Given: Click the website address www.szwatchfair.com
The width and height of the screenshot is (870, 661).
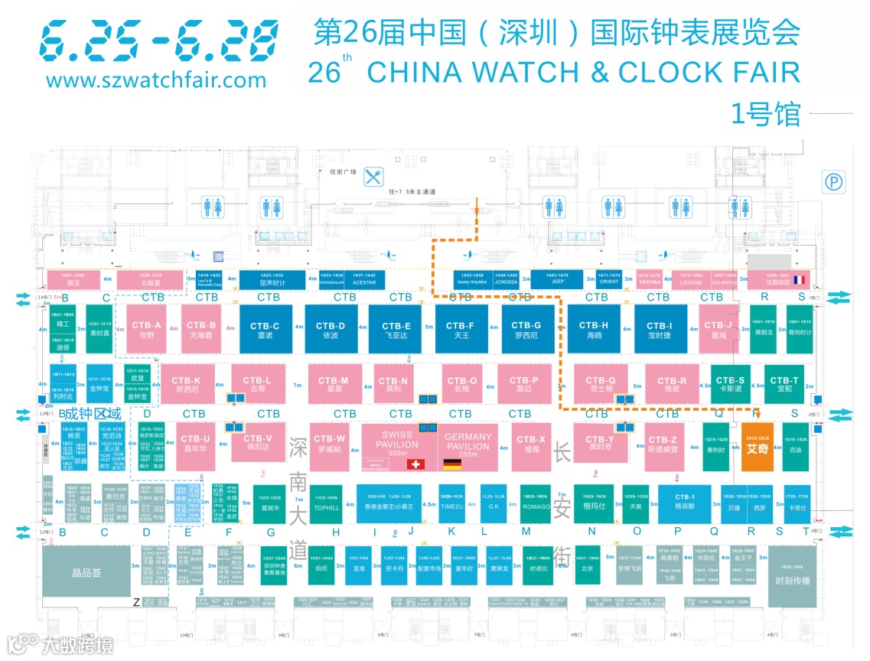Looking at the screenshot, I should pyautogui.click(x=156, y=79).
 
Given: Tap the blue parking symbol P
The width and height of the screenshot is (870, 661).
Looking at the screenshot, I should pyautogui.click(x=832, y=181).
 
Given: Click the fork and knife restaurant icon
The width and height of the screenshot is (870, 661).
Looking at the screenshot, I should pyautogui.click(x=373, y=177).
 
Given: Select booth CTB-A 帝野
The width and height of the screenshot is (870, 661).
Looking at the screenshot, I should pyautogui.click(x=145, y=329).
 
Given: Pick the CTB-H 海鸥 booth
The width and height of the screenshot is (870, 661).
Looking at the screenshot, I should pyautogui.click(x=599, y=329).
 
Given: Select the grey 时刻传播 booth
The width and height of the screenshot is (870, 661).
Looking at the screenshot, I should pyautogui.click(x=792, y=575).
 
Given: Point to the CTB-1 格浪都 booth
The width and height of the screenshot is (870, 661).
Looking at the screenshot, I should pyautogui.click(x=684, y=502).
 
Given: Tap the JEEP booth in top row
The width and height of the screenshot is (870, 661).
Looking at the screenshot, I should pyautogui.click(x=558, y=280).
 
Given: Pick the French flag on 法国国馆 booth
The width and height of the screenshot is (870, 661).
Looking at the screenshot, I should pyautogui.click(x=800, y=280).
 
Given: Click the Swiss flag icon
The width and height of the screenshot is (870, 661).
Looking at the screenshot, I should pyautogui.click(x=416, y=464).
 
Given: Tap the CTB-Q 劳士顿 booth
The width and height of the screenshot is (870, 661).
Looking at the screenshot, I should pyautogui.click(x=601, y=384).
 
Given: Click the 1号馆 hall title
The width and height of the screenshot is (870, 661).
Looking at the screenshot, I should pyautogui.click(x=765, y=113).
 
